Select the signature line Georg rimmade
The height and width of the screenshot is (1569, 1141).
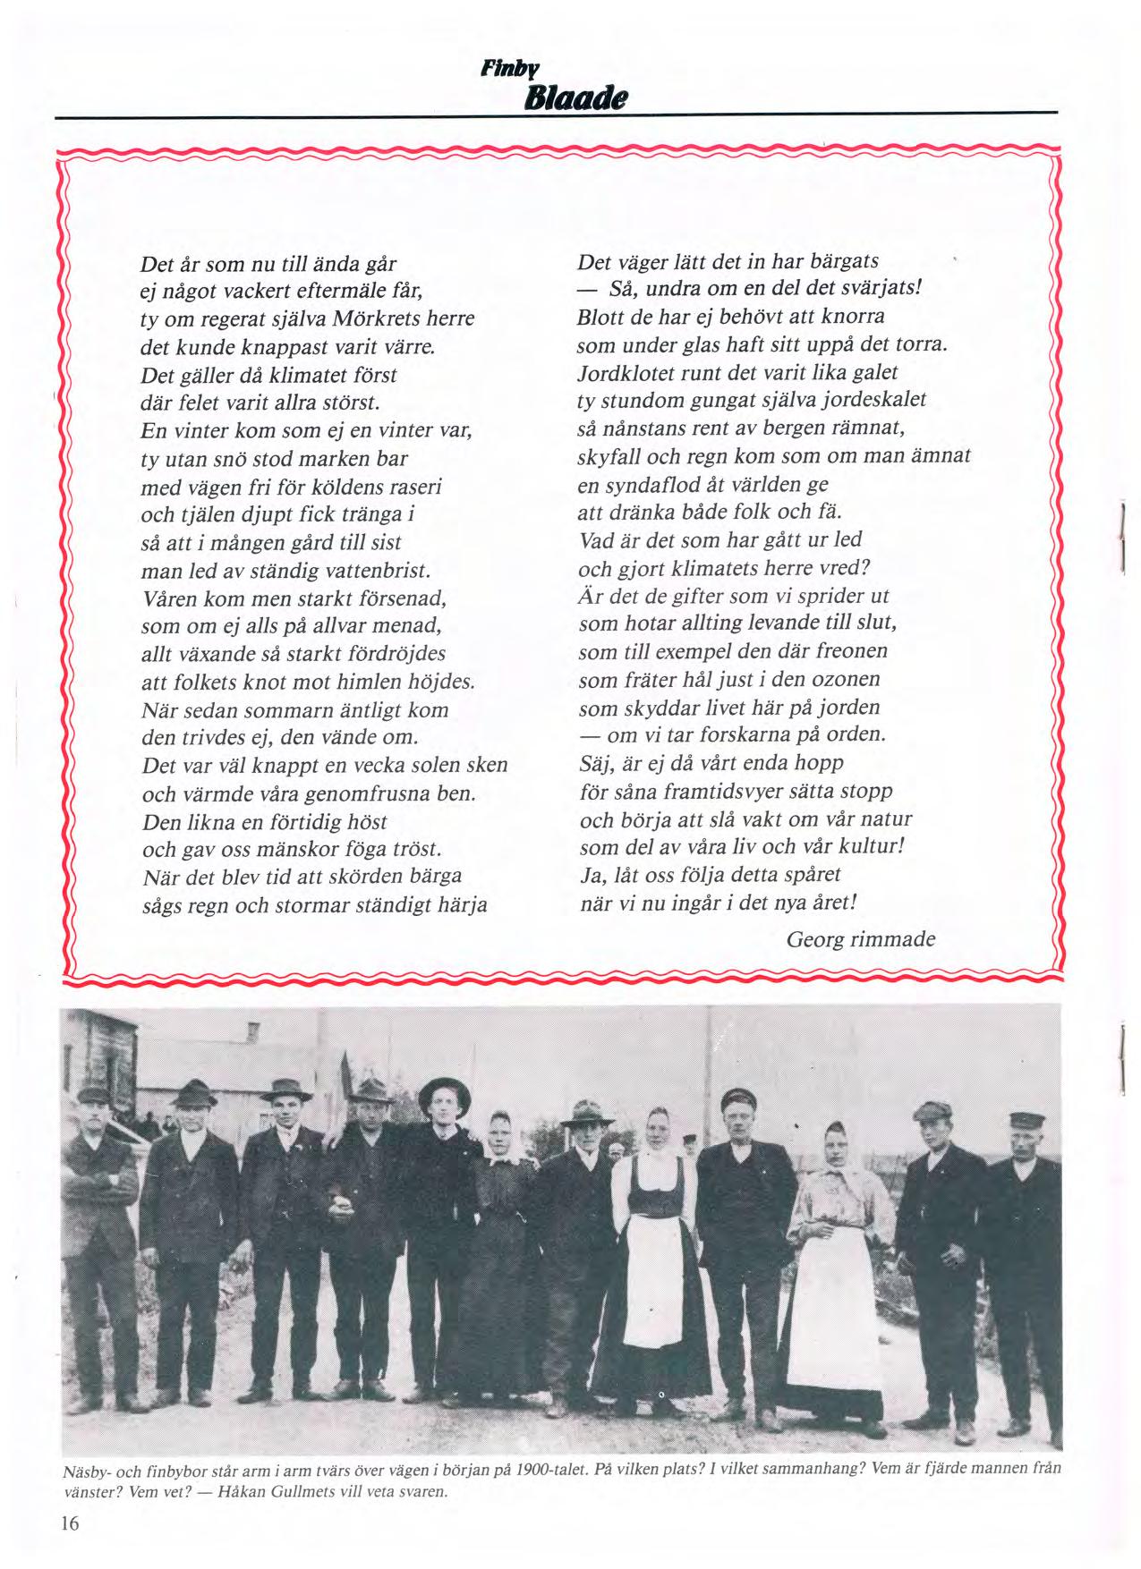(860, 938)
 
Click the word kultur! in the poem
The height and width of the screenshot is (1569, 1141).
(867, 846)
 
